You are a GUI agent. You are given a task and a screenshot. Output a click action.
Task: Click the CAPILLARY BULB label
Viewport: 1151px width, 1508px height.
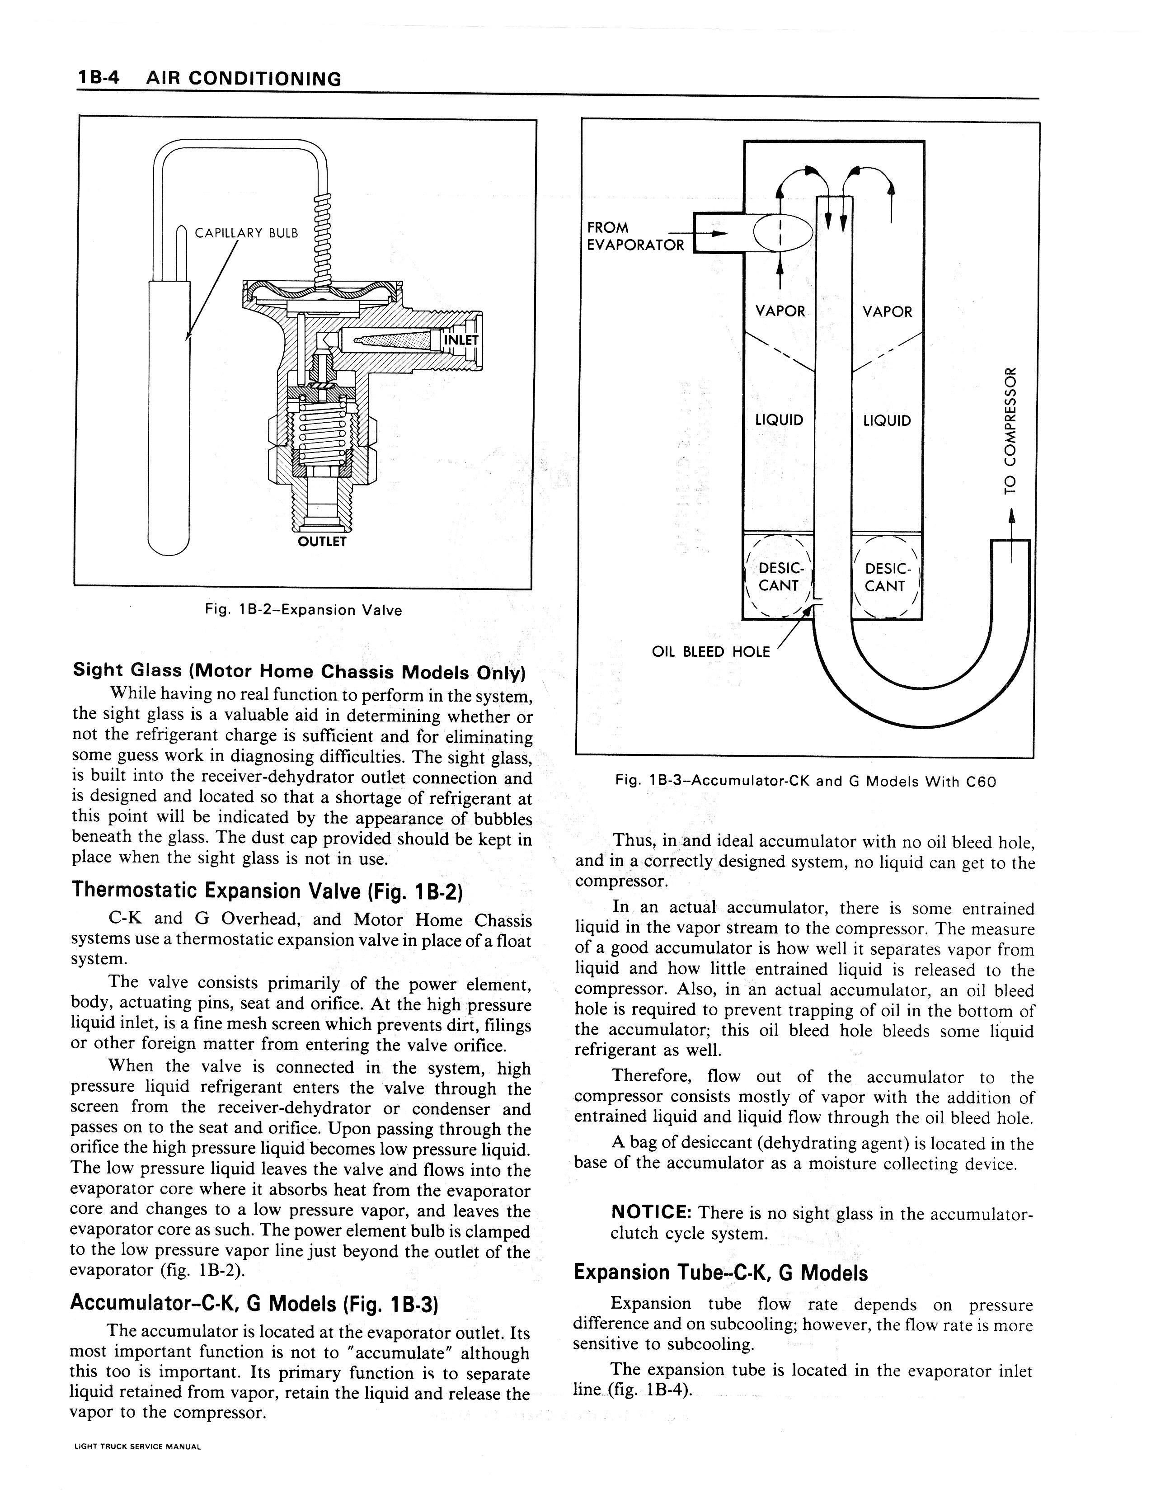click(247, 233)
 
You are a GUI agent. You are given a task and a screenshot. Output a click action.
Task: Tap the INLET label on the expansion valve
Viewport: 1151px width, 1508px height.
click(461, 340)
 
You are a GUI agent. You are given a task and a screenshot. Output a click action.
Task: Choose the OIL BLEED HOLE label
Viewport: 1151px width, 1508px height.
click(710, 651)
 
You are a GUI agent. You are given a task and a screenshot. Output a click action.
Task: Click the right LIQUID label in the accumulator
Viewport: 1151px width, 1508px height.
click(887, 421)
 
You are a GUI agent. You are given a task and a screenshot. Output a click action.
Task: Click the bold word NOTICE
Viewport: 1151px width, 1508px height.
click(650, 1213)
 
